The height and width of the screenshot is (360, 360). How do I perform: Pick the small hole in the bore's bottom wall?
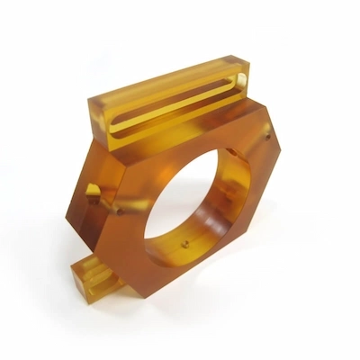(x=185, y=244)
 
